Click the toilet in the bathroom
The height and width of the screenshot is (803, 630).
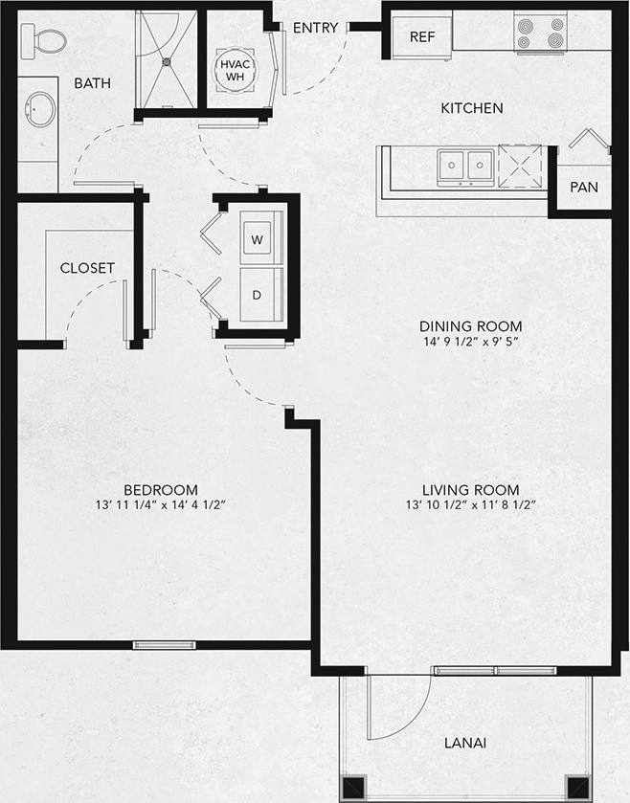coord(44,39)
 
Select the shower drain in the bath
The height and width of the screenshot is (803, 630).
coord(168,60)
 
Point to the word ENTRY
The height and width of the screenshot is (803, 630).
coord(315,28)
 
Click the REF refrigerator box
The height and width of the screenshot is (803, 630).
coord(422,36)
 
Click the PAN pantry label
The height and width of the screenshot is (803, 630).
coord(583,187)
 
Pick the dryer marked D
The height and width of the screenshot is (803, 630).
coord(257,295)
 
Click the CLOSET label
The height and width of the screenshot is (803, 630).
coord(87,268)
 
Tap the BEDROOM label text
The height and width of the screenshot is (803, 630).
coord(161,488)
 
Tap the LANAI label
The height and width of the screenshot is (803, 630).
coord(465,743)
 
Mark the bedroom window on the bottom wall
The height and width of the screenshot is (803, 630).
coord(164,645)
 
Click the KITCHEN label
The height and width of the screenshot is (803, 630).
coord(471,108)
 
